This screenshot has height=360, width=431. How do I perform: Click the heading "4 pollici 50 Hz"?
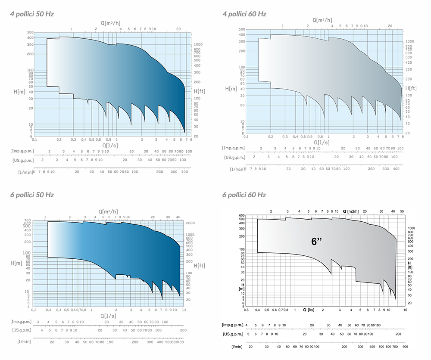click(x=32, y=14)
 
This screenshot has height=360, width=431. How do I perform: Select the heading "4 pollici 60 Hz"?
click(x=244, y=14)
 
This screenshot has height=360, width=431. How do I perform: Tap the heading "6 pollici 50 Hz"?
click(x=32, y=195)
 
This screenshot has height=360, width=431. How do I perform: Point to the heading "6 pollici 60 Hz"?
click(x=244, y=195)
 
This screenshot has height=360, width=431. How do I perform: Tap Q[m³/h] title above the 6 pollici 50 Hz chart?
click(x=109, y=211)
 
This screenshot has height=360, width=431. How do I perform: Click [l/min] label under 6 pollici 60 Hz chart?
click(x=237, y=347)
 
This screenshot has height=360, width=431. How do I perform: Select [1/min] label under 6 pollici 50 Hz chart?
click(x=24, y=341)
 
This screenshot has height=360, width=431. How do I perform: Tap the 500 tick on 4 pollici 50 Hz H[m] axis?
click(x=30, y=32)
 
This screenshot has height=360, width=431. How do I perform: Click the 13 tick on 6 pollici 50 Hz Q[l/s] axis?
click(x=184, y=310)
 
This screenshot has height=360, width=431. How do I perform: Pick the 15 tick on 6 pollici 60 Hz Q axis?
click(x=405, y=310)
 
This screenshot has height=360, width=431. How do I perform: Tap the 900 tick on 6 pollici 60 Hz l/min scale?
click(x=405, y=347)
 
